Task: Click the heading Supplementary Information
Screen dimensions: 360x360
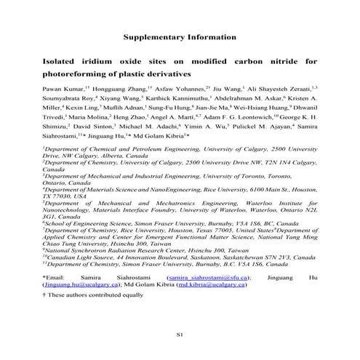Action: (180, 36)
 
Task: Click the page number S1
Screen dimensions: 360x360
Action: (180, 333)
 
